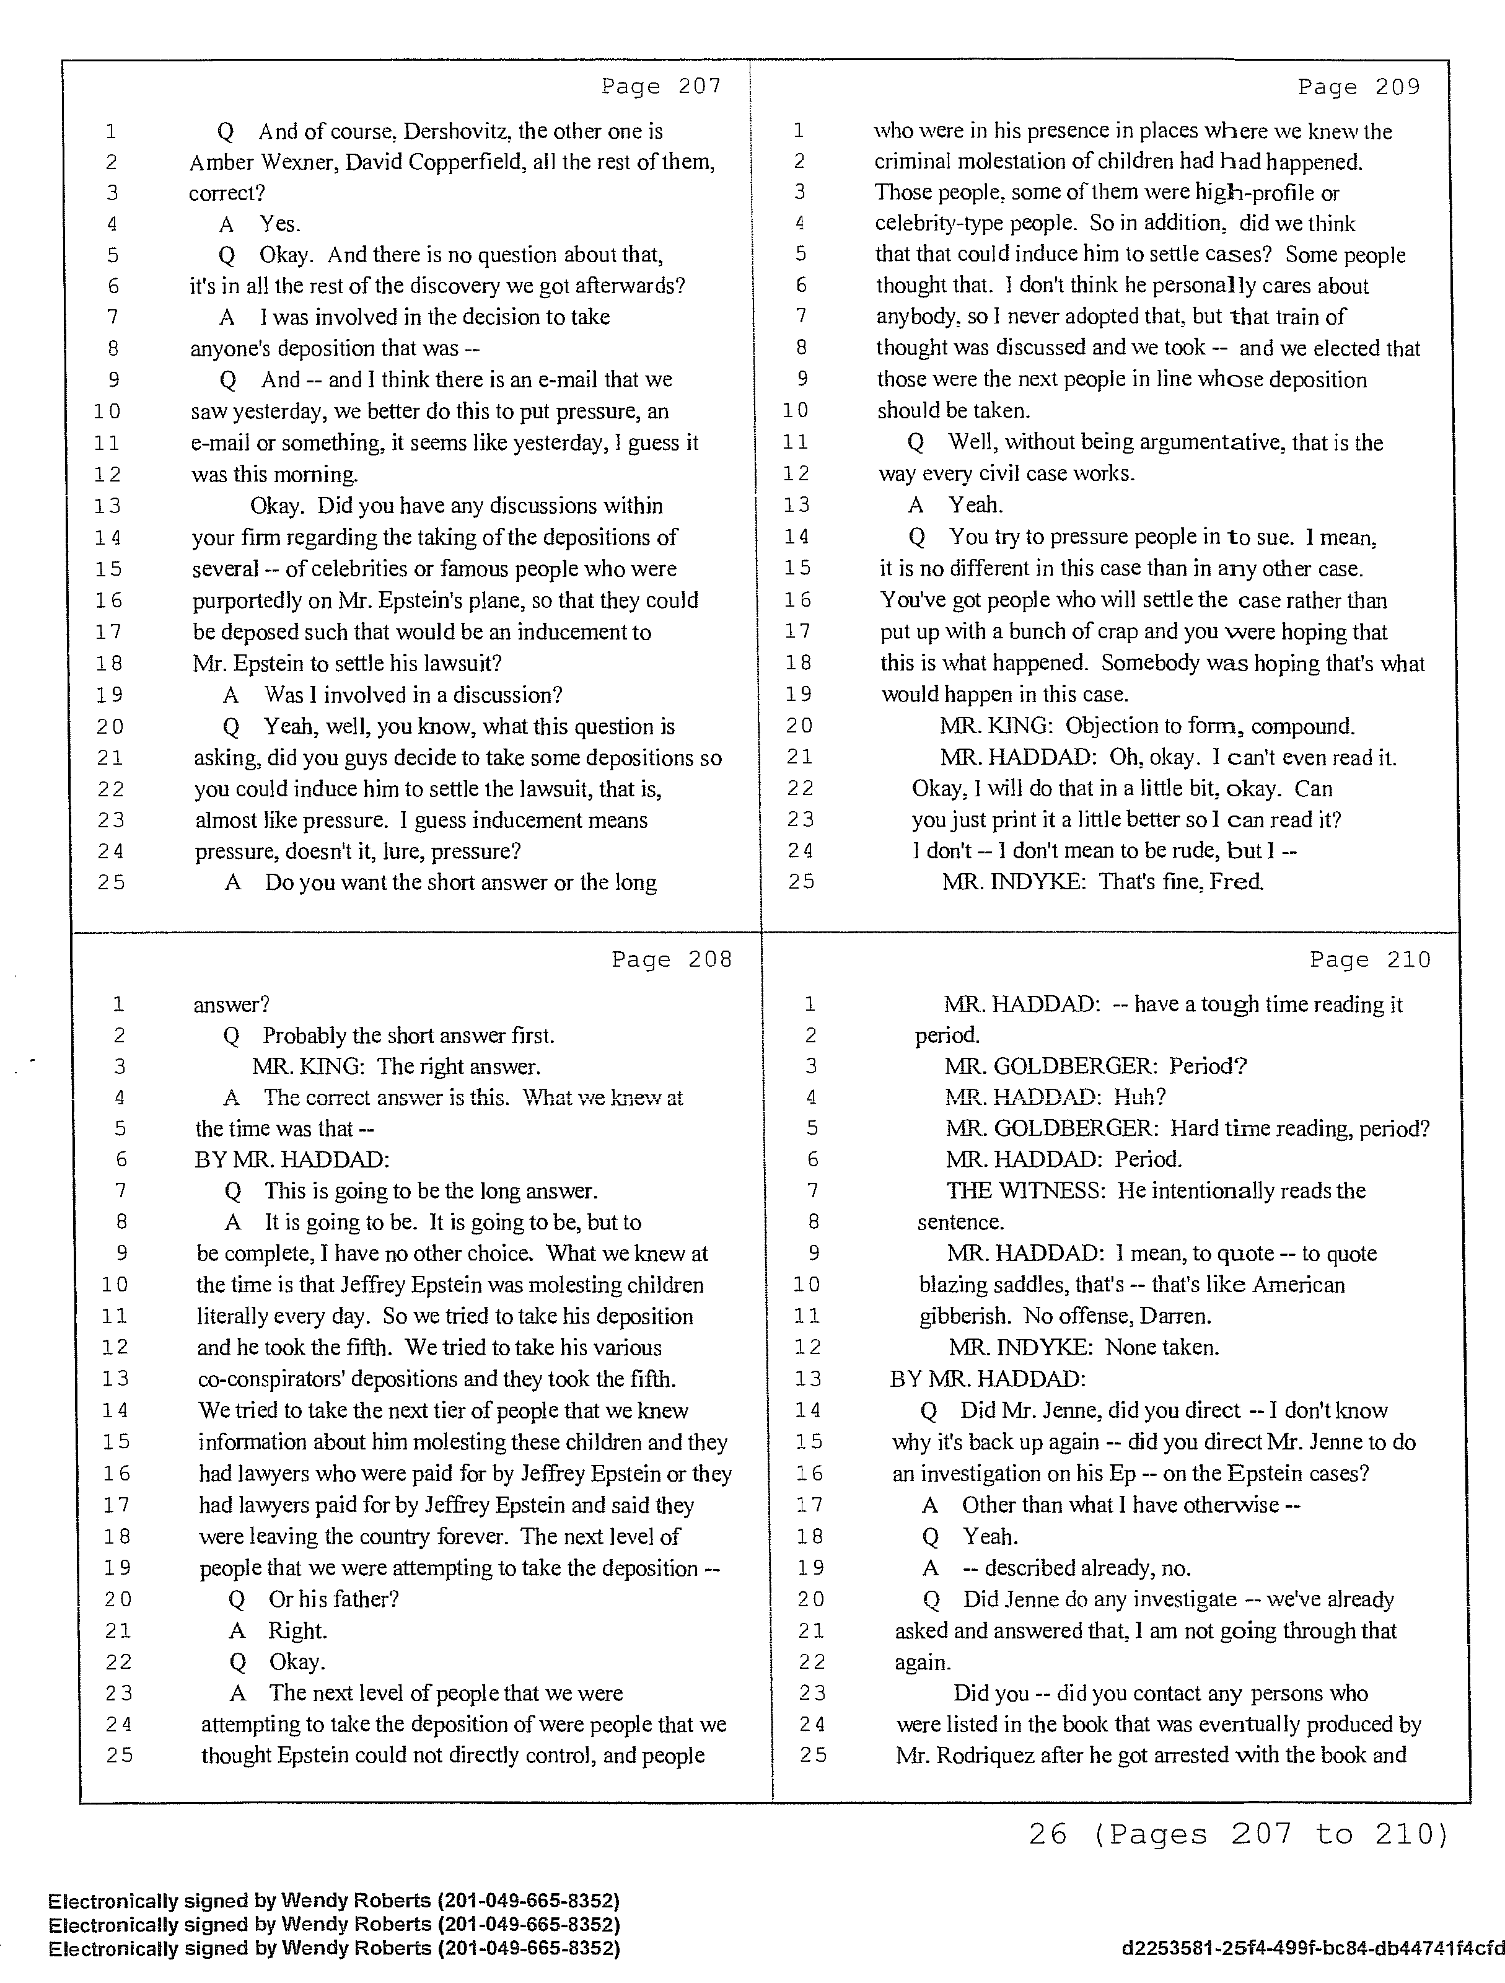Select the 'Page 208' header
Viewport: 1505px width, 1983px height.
click(672, 959)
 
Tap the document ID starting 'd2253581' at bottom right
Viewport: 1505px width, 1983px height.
click(1312, 1948)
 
